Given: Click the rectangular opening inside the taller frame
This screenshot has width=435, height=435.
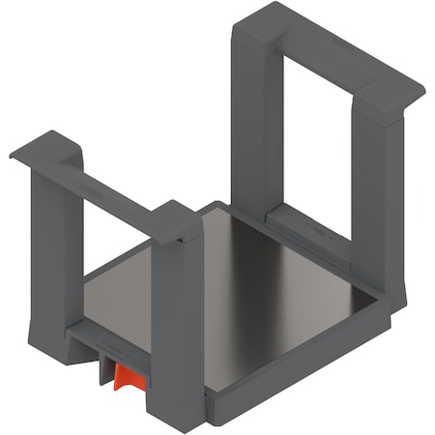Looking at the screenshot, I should [x=314, y=145].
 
